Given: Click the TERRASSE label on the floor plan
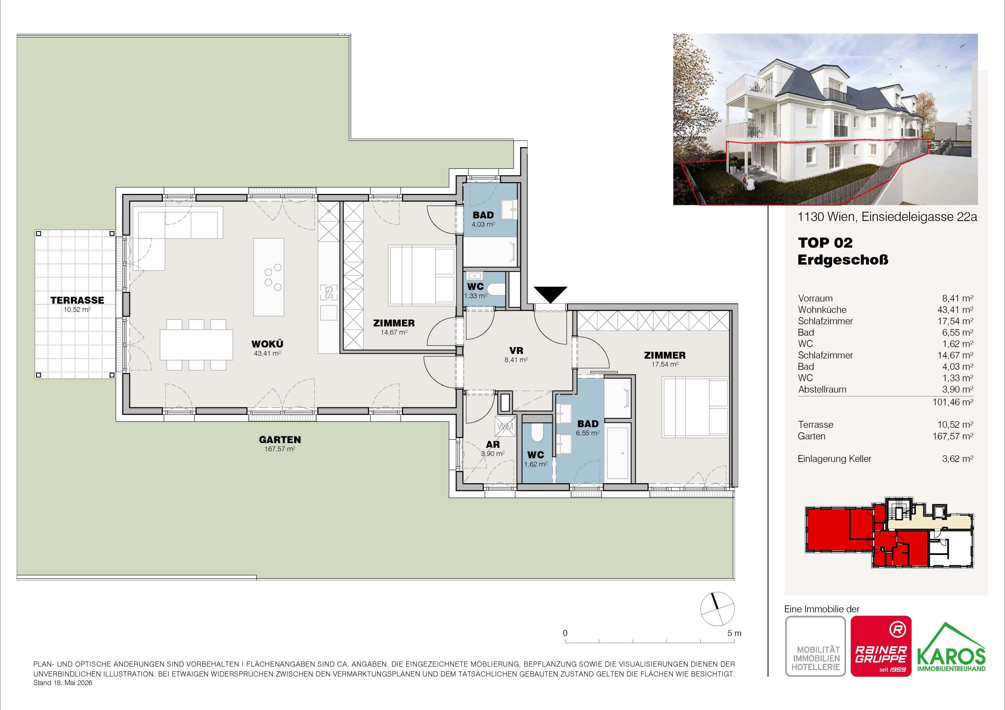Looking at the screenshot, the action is [77, 300].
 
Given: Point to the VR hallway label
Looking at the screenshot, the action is [517, 350].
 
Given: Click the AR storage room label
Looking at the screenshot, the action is [493, 445].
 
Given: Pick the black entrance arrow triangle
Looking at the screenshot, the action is [550, 294].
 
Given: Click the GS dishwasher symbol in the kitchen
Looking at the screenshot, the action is [328, 292].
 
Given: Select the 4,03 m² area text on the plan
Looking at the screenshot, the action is [483, 224].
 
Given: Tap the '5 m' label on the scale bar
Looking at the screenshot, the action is [734, 633].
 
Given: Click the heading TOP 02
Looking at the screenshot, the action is [825, 243].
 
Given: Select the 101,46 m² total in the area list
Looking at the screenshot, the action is [952, 402].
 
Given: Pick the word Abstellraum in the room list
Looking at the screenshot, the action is [822, 389].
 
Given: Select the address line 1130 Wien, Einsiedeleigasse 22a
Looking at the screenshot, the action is [887, 217].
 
